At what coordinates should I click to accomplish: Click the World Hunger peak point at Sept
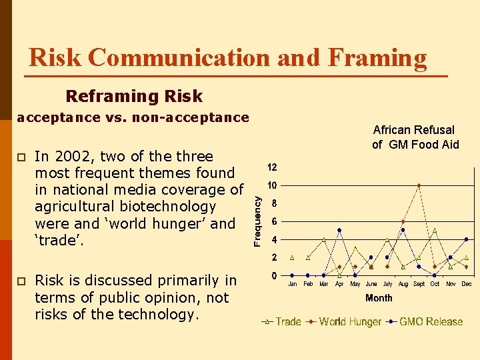pos(419,185)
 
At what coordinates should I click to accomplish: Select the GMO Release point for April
pos(339,230)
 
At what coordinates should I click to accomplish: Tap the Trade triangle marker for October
pos(435,230)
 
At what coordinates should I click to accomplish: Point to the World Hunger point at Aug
pos(403,221)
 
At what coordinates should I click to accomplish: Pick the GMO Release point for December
pos(466,239)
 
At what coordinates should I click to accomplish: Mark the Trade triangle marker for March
pos(323,239)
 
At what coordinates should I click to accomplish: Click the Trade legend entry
pos(281,321)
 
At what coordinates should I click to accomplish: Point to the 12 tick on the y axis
pos(273,167)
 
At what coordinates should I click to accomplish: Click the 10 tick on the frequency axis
pos(273,185)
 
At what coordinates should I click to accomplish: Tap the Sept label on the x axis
pos(419,284)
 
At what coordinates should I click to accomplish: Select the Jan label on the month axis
pos(292,284)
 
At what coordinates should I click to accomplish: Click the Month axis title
pos(379,298)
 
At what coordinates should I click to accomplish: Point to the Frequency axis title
pos(257,217)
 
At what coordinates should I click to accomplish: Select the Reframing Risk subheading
pos(134,97)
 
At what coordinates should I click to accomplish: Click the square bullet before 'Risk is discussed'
pos(21,281)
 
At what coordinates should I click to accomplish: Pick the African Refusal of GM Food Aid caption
pos(415,137)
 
